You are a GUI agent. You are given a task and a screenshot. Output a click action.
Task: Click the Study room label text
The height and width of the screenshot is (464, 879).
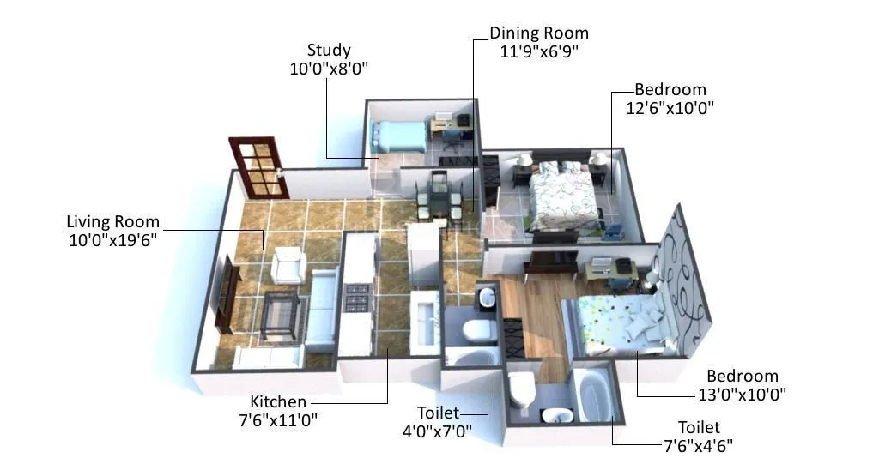tap(329, 51)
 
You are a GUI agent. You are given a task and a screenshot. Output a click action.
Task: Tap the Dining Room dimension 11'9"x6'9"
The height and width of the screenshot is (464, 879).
tap(539, 51)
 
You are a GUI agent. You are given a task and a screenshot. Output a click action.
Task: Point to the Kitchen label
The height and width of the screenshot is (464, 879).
tap(278, 401)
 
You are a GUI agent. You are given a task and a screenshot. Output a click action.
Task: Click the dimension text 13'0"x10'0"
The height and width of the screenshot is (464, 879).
tap(743, 395)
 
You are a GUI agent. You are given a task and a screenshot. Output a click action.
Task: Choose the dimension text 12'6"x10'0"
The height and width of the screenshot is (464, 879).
tap(670, 108)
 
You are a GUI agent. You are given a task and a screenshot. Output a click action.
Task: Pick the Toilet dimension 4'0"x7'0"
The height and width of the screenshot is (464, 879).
tap(438, 430)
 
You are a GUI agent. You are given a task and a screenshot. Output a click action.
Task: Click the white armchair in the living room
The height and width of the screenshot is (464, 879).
tap(288, 265)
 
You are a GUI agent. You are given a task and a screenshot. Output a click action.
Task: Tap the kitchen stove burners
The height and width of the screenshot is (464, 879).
tap(357, 297)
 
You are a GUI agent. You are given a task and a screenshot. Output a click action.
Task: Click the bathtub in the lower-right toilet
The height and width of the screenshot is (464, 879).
tap(593, 395)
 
